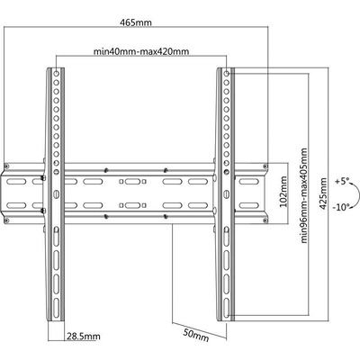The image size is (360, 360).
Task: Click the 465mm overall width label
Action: coord(136,22)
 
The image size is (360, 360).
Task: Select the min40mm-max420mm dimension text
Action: coord(141,51)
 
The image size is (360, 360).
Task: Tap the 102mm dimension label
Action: coord(283,192)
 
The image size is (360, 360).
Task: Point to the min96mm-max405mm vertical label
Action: coord(304,195)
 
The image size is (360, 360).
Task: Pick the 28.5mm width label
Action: coord(84,337)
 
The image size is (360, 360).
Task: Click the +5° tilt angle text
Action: coord(342,182)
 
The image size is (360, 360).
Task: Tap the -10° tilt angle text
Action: coord(341,207)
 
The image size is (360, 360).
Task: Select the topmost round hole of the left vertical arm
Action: coord(56,73)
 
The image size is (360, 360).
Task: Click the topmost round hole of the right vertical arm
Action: coord(227,73)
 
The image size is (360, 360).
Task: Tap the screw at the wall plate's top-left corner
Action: coord(6,166)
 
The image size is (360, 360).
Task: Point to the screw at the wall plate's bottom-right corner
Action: coord(265,220)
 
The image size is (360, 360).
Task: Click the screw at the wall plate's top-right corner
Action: coord(265,166)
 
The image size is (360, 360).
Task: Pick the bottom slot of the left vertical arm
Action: coord(56,306)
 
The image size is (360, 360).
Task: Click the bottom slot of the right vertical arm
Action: coord(227,306)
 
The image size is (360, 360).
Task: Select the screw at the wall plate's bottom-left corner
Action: coord(6,220)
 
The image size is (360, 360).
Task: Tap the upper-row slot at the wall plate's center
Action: coord(132,182)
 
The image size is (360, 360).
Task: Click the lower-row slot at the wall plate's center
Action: coord(132,205)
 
